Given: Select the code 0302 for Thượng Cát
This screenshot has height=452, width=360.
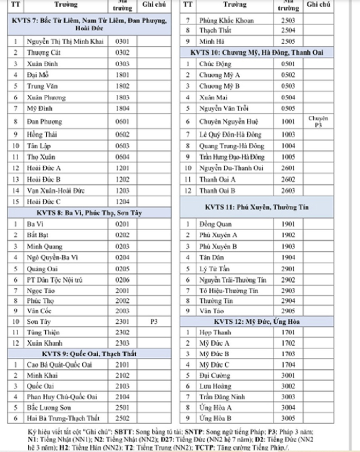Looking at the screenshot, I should click(122, 53).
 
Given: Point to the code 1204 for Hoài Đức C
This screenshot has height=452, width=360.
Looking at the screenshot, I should click(122, 202).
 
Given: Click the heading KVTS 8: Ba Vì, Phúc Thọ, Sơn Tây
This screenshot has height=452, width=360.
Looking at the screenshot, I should click(89, 213).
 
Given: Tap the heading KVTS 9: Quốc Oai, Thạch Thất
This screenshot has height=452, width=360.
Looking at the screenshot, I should click(89, 354).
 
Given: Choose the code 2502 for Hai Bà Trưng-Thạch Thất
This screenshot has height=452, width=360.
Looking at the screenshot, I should click(122, 418).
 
